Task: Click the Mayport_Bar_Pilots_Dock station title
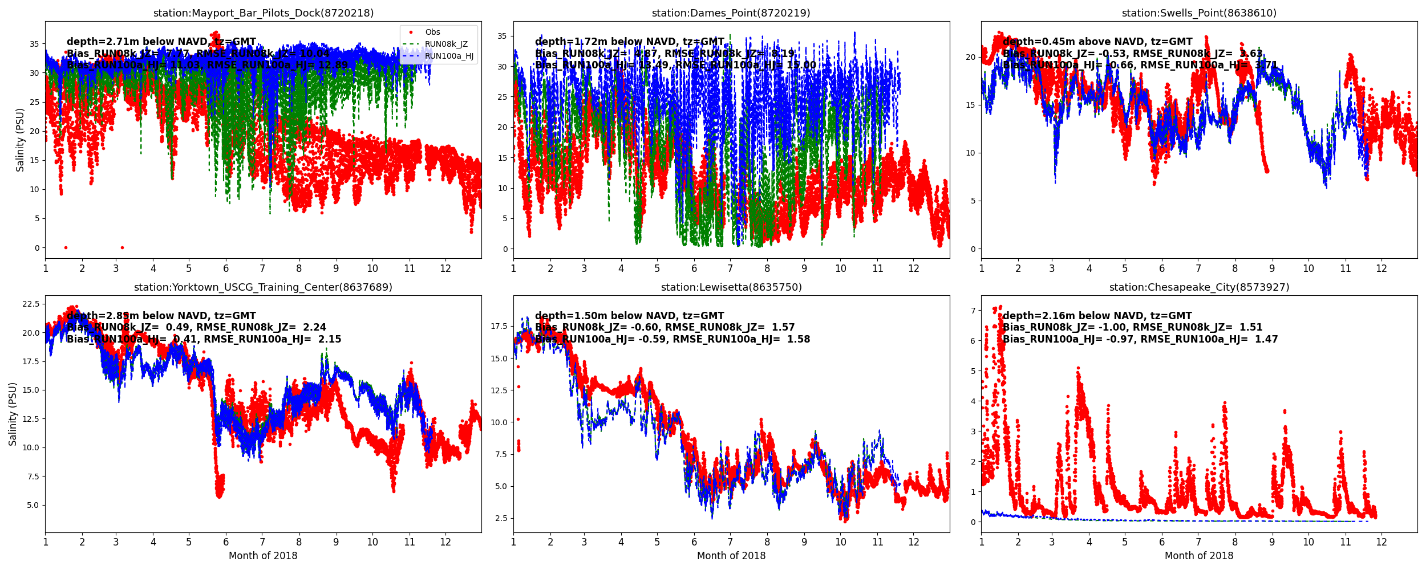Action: [264, 13]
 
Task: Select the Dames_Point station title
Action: [731, 13]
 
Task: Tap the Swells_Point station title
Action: [1199, 13]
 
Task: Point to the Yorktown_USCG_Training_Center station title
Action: [263, 287]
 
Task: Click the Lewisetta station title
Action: [731, 287]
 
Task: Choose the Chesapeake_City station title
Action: [1199, 287]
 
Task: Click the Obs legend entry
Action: [432, 32]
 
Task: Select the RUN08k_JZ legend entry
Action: [446, 44]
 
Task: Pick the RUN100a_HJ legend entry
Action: [449, 56]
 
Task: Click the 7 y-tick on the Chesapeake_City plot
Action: [973, 311]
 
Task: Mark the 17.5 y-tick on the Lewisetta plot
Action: [499, 327]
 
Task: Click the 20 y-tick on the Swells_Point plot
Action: [970, 58]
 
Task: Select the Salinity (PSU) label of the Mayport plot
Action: [21, 140]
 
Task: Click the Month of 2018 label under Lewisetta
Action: [731, 556]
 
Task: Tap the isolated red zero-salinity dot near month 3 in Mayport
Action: [122, 248]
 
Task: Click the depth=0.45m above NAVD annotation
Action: [1097, 42]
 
